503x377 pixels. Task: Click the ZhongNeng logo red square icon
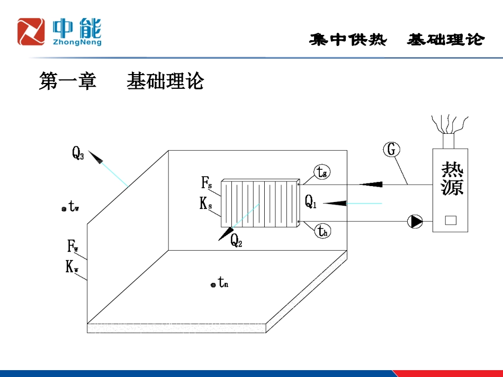31,31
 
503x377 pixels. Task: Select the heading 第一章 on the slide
67,81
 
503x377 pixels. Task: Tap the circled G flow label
391,150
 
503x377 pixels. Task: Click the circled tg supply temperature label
322,172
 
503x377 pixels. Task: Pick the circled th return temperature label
322,231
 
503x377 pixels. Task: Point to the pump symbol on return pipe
415,221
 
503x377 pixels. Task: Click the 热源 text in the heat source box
452,179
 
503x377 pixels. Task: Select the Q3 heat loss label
78,153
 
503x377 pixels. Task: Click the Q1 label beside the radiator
311,201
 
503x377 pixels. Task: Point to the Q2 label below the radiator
236,241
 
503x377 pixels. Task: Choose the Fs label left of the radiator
206,183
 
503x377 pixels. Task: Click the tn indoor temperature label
223,283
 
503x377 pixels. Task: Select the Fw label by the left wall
73,246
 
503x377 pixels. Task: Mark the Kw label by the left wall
73,268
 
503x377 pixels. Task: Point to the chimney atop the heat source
448,140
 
